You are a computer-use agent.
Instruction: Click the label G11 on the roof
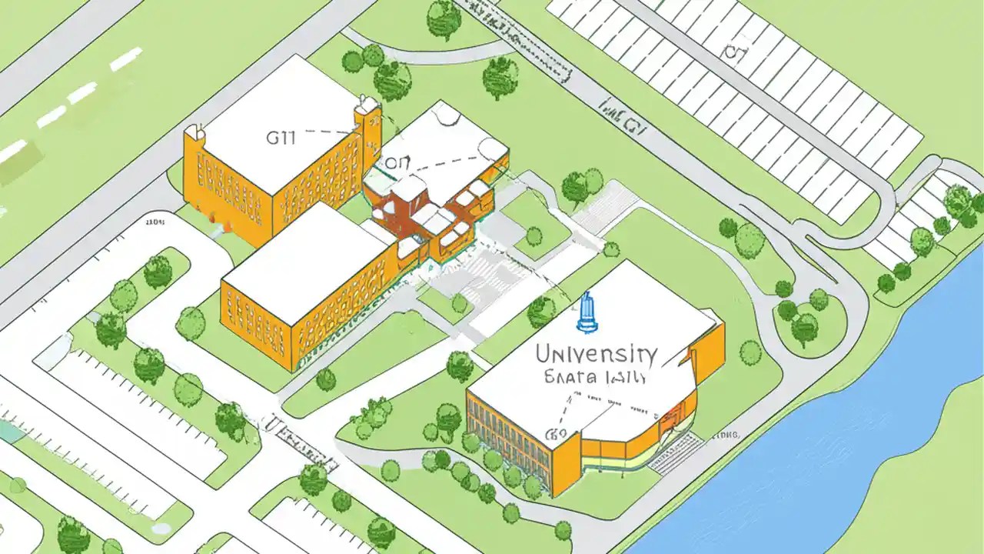(x=281, y=138)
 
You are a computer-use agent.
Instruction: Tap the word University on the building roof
(x=595, y=354)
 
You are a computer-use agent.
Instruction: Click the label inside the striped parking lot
(x=736, y=52)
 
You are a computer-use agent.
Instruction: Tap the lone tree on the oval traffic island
(x=804, y=326)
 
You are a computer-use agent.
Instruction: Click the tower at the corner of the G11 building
(x=368, y=123)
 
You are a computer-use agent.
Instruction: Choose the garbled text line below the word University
(x=596, y=378)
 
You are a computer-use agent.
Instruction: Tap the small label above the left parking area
(x=155, y=223)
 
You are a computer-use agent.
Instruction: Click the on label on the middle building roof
(x=397, y=163)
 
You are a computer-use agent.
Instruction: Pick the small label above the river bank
(x=726, y=436)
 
